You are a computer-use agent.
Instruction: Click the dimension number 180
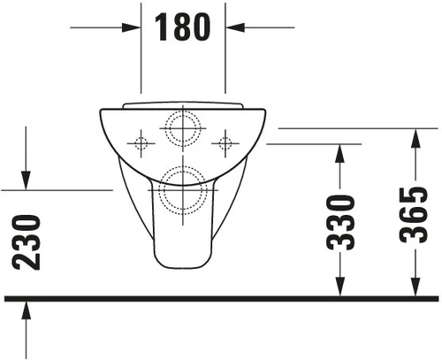point(182,27)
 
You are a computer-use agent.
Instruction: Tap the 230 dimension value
point(26,242)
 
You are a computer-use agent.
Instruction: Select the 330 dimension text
point(340,222)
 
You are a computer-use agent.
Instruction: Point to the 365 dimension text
point(413,215)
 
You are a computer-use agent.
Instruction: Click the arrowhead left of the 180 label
point(131,27)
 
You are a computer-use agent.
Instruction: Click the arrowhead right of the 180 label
point(235,27)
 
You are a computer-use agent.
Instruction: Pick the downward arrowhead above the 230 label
point(26,180)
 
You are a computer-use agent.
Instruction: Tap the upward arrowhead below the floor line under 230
point(26,310)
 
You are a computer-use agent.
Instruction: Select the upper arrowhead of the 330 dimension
point(340,154)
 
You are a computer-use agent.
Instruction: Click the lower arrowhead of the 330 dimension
point(340,287)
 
